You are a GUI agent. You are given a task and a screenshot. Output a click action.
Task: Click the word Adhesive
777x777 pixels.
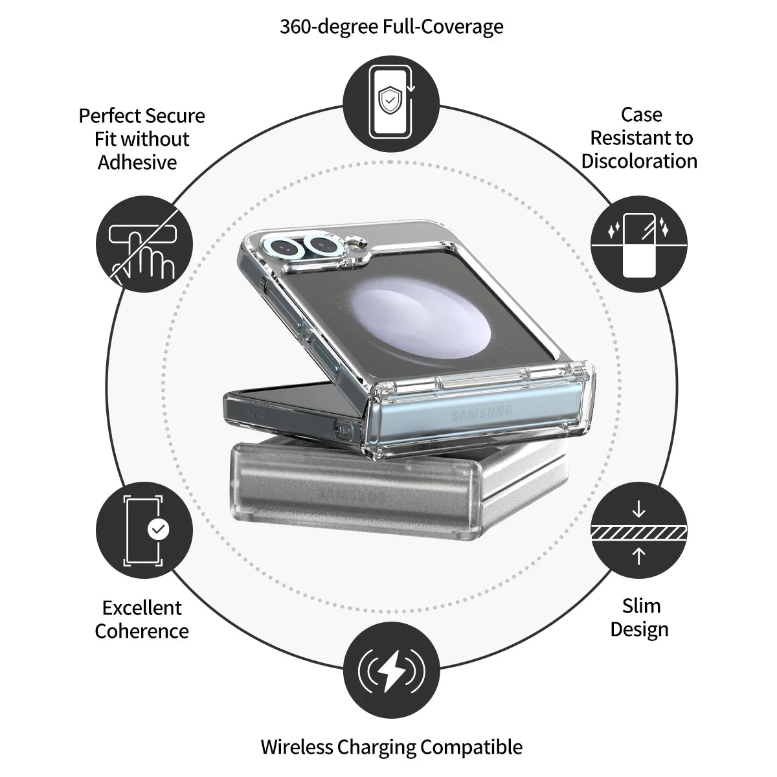point(137,162)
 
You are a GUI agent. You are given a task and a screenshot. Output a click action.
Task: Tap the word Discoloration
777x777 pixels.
point(639,161)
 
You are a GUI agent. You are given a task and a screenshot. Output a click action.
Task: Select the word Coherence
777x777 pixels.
point(142,631)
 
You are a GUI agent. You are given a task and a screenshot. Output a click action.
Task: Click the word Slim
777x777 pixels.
point(642,605)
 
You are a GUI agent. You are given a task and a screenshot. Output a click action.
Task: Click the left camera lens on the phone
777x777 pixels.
point(283,246)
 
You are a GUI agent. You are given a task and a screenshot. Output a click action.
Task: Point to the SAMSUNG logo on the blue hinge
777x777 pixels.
point(482,412)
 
